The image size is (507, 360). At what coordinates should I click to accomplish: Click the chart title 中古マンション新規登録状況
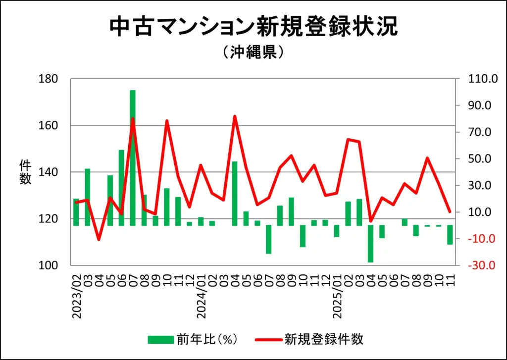(x=253, y=27)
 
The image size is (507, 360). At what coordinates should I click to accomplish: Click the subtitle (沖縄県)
(x=253, y=52)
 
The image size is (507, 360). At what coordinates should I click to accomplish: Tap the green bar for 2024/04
(x=235, y=193)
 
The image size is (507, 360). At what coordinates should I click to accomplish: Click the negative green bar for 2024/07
(x=269, y=239)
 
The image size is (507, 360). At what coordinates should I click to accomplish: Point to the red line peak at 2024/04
(x=235, y=116)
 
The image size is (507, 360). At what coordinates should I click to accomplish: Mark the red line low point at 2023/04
(x=99, y=240)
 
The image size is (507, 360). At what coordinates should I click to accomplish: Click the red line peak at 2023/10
(x=167, y=121)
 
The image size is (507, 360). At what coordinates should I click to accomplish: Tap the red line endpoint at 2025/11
(x=450, y=211)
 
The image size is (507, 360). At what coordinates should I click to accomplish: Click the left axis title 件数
(x=25, y=172)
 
